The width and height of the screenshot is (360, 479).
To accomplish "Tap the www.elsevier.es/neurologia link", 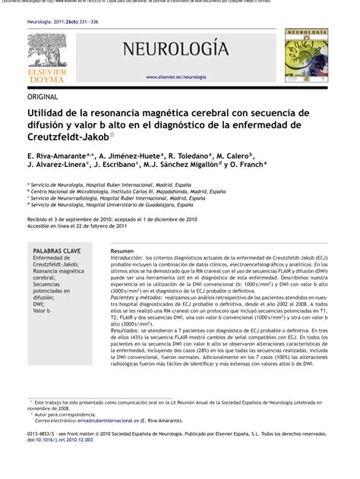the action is tap(175, 77).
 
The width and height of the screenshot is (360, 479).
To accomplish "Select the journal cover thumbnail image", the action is tap(308, 55).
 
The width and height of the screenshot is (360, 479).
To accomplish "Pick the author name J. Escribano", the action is tap(115, 163).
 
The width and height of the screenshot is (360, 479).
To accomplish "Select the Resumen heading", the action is tap(122, 250).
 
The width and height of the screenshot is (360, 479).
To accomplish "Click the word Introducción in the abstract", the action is tap(126, 258).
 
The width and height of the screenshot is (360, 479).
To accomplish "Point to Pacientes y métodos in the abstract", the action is tap(138, 297).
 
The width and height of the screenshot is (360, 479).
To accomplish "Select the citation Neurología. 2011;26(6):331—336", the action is tap(63, 23).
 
